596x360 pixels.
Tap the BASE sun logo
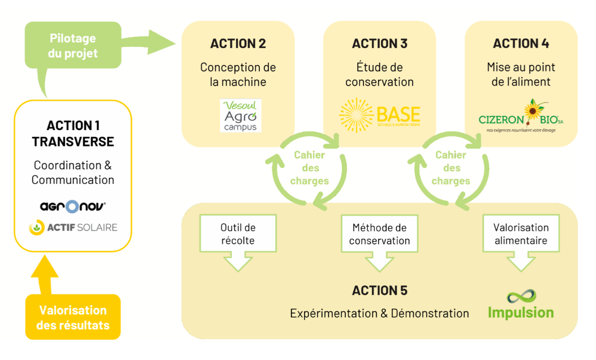[x=379, y=115]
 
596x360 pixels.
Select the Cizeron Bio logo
[x=521, y=116]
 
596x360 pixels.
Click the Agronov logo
[x=73, y=206]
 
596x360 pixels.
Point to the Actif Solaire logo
[x=73, y=228]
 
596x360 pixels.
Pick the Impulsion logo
[x=521, y=305]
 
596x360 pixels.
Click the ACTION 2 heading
[x=238, y=44]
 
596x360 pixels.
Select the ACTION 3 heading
[x=379, y=44]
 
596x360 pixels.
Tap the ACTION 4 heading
[x=521, y=44]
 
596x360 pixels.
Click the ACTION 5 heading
[x=379, y=291]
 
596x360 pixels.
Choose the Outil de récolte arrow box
[x=238, y=234]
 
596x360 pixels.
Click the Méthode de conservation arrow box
[x=379, y=234]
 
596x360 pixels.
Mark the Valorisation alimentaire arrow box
[x=521, y=234]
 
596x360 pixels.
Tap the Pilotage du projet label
[x=73, y=46]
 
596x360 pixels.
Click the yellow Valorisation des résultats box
[x=72, y=318]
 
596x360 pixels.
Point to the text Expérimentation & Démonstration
[x=379, y=313]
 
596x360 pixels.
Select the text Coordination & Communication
[x=73, y=173]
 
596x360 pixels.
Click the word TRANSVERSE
[x=73, y=142]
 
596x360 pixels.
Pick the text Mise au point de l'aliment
[x=521, y=74]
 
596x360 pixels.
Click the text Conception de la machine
[x=238, y=74]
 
